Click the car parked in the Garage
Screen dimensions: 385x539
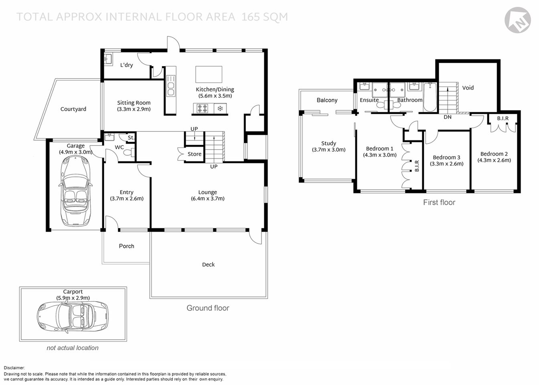[75, 191]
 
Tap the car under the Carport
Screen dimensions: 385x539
[73, 316]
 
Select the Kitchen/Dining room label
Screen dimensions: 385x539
[215, 89]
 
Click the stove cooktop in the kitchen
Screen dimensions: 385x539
[202, 108]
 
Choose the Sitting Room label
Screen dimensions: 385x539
[134, 103]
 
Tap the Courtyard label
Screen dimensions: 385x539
[73, 109]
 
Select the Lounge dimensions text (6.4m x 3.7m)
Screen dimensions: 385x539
[207, 199]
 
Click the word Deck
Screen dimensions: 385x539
[208, 265]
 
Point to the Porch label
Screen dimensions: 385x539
[126, 246]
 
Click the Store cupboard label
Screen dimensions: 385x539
[195, 154]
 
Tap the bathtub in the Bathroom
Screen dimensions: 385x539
[430, 97]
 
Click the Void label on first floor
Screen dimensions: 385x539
[468, 88]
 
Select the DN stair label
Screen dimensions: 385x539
[448, 117]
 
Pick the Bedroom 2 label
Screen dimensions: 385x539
[494, 154]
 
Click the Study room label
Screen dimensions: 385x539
[328, 143]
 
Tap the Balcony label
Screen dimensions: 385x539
[327, 100]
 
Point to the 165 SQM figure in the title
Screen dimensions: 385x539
[265, 17]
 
